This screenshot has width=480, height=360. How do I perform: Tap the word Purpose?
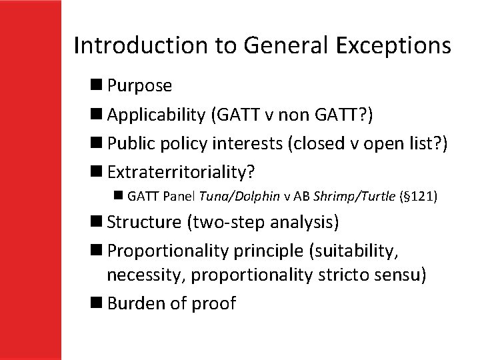click(x=139, y=86)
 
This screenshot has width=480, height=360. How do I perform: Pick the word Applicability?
click(x=156, y=115)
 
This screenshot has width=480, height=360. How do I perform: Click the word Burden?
click(x=135, y=303)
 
